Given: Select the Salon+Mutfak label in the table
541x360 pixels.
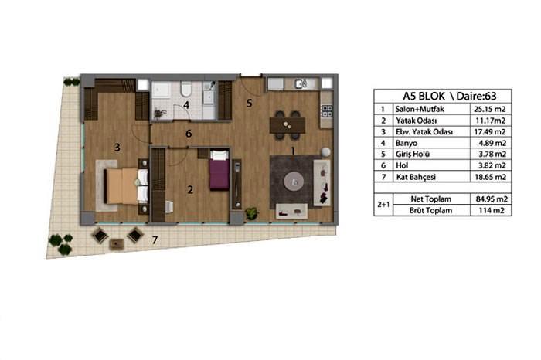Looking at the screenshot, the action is [x=420, y=109].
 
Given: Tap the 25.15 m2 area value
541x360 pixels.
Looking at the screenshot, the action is [x=489, y=109].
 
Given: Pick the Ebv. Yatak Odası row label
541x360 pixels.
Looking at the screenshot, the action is [x=424, y=132].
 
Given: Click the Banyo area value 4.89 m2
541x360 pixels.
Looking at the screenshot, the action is [x=492, y=143].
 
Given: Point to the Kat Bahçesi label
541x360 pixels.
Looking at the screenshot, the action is [x=416, y=177].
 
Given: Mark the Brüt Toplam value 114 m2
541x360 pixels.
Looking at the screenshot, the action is [x=492, y=210].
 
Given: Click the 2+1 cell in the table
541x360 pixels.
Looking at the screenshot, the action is [x=383, y=205].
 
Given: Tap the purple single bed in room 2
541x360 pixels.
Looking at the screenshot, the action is [x=219, y=170].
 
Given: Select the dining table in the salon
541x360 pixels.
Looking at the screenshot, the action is [x=288, y=125].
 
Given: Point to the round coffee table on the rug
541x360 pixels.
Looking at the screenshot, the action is [x=294, y=182].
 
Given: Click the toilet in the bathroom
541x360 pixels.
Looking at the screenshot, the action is [x=185, y=89].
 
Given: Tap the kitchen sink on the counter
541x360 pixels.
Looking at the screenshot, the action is [x=301, y=83].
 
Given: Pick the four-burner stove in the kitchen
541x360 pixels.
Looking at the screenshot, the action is [x=327, y=111].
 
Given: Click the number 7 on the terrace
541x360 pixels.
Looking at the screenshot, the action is [x=155, y=239].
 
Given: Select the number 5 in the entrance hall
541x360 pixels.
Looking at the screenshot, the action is [x=250, y=103].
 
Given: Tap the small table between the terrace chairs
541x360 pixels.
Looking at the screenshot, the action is [x=117, y=244].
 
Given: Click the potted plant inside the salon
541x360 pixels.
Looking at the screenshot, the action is [x=251, y=213].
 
